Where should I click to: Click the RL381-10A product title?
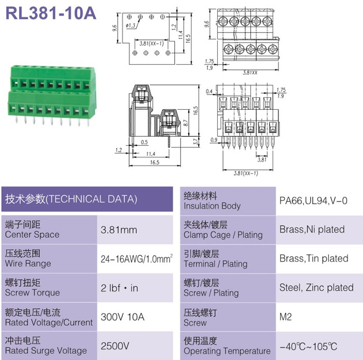click(x=51, y=13)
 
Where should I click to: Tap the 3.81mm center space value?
click(x=119, y=230)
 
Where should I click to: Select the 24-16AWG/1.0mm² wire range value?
click(x=136, y=258)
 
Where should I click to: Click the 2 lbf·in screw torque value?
click(x=119, y=288)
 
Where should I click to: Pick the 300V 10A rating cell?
click(x=122, y=317)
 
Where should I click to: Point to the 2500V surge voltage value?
click(x=115, y=346)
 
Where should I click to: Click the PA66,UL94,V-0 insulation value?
click(x=313, y=200)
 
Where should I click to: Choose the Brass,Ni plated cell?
click(x=312, y=229)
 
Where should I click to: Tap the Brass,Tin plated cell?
click(x=314, y=258)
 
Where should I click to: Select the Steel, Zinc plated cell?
click(x=316, y=287)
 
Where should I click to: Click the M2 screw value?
click(x=285, y=317)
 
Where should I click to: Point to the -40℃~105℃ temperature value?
click(x=308, y=347)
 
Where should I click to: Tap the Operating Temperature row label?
click(x=227, y=351)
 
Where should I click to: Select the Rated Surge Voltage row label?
click(x=46, y=351)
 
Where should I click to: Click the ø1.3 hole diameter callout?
click(x=130, y=26)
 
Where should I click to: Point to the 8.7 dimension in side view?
click(x=186, y=123)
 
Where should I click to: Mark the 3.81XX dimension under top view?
click(x=250, y=73)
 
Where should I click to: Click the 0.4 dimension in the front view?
click(x=209, y=92)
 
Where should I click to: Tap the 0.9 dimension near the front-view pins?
click(x=214, y=140)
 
